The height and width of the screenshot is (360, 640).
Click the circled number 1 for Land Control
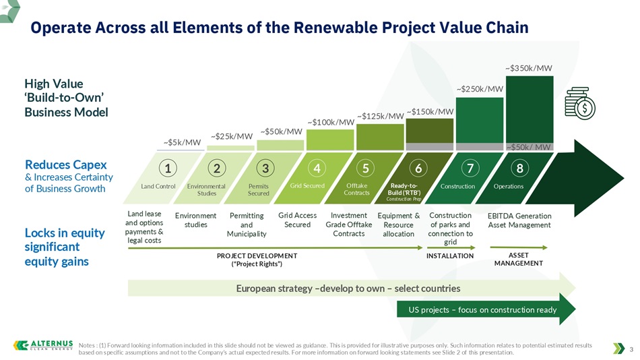167,168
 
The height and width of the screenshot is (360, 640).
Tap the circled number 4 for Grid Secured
317,168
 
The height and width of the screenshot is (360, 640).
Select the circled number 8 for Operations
519,168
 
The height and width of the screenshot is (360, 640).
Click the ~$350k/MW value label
529,68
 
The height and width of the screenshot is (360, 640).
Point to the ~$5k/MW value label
182,142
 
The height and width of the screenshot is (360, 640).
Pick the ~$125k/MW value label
381,116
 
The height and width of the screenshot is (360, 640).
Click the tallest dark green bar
530,109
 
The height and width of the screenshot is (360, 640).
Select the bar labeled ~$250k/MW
480,120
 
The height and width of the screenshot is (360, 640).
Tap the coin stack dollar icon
579,103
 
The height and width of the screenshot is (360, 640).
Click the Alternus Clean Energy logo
43,345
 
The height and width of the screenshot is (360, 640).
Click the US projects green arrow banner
486,309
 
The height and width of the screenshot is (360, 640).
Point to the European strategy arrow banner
352,288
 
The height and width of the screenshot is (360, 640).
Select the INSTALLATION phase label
450,256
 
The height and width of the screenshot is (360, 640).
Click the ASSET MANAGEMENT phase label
518,259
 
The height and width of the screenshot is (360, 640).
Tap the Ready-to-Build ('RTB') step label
404,189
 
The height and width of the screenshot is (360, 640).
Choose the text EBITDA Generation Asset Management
519,220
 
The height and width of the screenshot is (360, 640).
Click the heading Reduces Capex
66,164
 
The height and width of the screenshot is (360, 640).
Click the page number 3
631,349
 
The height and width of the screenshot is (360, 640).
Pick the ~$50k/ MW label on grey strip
529,147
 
